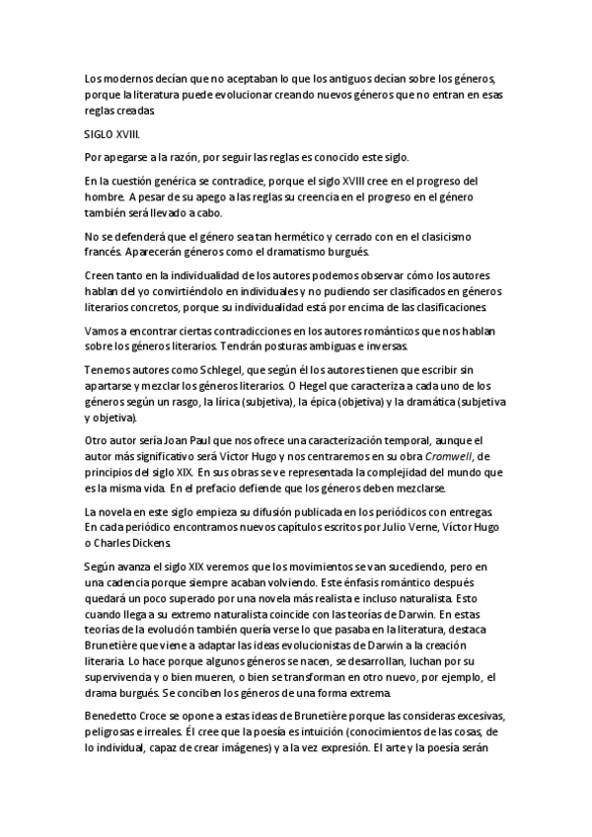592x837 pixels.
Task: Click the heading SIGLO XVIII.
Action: point(111,134)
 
